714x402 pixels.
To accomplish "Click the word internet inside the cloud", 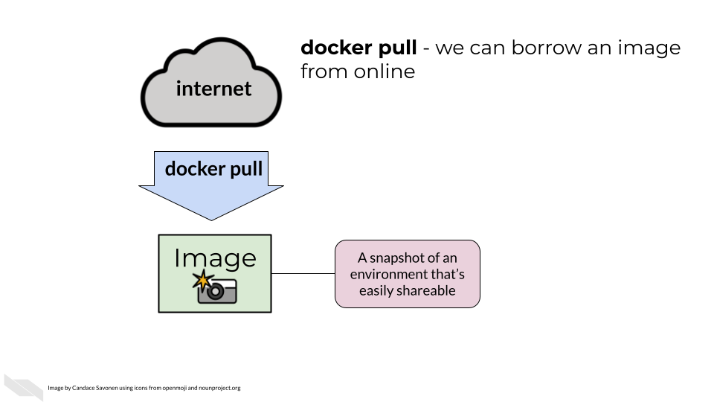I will [x=213, y=89].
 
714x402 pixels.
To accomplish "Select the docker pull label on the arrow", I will [x=213, y=169].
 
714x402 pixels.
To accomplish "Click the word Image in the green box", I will [x=215, y=258].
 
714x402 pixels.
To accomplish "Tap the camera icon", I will [x=216, y=290].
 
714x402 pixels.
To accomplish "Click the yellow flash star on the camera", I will [x=201, y=281].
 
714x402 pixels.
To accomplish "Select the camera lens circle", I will [x=216, y=292].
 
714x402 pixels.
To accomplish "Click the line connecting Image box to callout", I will [x=303, y=273].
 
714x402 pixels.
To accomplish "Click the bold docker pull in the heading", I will [x=358, y=48].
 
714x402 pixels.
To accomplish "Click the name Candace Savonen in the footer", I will [x=98, y=388].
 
